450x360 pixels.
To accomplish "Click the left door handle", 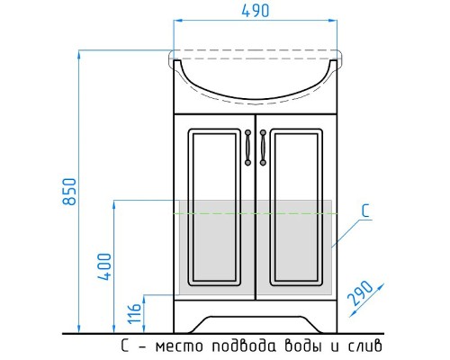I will pos(247,148).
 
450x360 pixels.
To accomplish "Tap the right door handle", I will pos(263,148).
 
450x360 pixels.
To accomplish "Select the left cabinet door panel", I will pos(213,214).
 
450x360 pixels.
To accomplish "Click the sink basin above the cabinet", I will pos(255,76).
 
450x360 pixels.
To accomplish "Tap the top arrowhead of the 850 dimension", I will pos(80,55).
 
